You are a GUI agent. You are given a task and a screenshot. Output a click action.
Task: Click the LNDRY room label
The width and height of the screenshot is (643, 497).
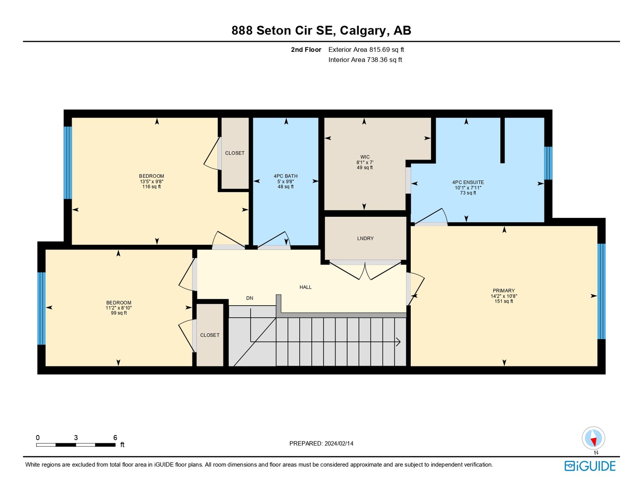click(x=365, y=238)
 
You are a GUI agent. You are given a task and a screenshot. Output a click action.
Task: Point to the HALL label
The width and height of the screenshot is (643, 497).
click(x=305, y=287)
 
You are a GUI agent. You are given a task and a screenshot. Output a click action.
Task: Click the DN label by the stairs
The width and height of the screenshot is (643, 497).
click(x=250, y=298)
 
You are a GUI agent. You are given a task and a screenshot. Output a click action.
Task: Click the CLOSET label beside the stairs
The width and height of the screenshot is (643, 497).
click(x=210, y=335)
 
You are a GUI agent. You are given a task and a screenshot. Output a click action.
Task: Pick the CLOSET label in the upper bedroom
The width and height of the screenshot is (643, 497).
click(x=235, y=153)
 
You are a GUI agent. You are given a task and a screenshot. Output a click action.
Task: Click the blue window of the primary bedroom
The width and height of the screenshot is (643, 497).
click(x=601, y=292)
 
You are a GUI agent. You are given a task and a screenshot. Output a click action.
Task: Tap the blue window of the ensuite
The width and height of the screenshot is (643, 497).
click(x=548, y=163)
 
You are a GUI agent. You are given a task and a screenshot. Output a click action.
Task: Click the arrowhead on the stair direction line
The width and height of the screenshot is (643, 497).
click(x=398, y=342)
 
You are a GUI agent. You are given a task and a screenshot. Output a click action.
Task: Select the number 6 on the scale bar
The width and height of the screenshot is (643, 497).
click(x=115, y=437)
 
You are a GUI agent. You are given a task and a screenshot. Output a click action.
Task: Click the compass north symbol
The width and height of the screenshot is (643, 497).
click(x=594, y=438)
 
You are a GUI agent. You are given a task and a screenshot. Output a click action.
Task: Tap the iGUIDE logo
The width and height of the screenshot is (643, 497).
click(x=590, y=466)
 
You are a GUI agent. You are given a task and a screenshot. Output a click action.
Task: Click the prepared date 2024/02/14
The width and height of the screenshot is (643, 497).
click(x=339, y=444)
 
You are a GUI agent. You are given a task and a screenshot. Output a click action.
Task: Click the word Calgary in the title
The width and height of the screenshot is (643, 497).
click(x=363, y=31)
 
